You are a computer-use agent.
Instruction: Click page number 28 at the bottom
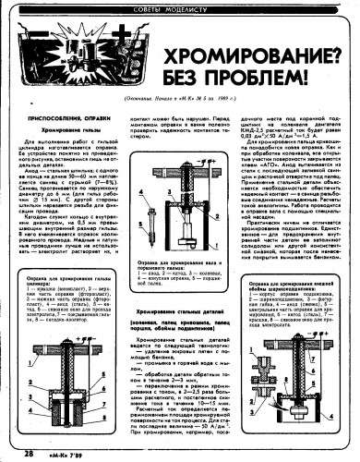[29, 453]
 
